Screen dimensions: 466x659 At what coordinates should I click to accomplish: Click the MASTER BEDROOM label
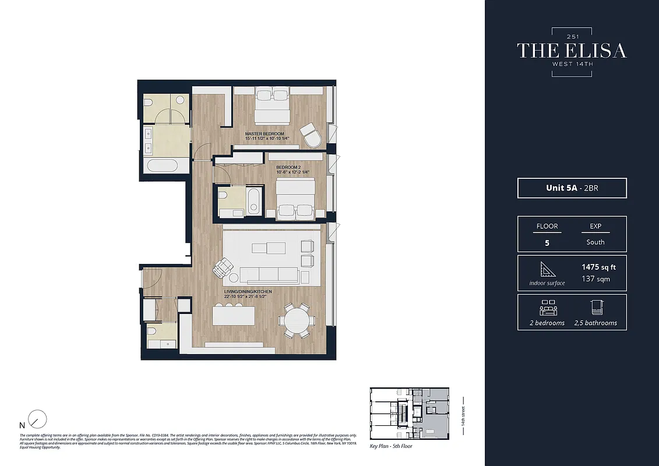click(x=264, y=133)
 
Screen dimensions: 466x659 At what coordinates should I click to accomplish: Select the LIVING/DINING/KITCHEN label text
click(x=248, y=291)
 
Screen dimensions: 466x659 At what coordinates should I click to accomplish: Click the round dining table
click(x=294, y=320)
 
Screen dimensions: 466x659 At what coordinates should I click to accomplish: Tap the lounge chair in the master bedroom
click(x=311, y=136)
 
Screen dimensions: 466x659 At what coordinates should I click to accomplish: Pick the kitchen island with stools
click(x=234, y=316)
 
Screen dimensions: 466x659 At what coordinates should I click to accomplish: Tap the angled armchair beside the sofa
click(x=223, y=269)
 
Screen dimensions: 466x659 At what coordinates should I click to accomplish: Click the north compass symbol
click(x=37, y=419)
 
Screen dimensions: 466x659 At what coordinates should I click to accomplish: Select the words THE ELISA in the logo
click(x=572, y=51)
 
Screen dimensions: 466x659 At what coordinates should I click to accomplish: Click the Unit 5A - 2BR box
click(x=572, y=188)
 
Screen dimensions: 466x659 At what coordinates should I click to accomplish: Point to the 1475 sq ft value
click(x=598, y=267)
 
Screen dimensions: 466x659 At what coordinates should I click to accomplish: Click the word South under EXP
click(x=595, y=242)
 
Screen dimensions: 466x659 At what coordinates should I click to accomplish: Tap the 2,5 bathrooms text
click(x=595, y=323)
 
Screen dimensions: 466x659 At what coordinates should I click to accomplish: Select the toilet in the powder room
click(x=152, y=333)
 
